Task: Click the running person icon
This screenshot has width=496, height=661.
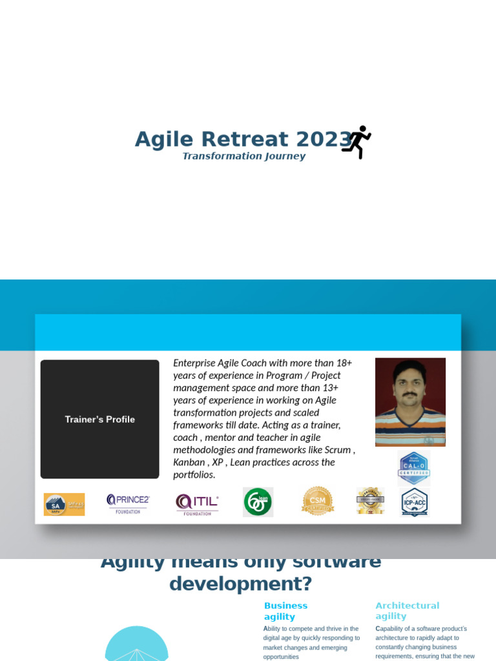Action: [x=356, y=142]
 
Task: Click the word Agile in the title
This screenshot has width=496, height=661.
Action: [x=165, y=139]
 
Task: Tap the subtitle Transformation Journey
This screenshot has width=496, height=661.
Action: [x=243, y=156]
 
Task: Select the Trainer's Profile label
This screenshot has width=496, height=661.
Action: [x=99, y=420]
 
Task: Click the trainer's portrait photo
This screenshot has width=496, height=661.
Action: [x=410, y=402]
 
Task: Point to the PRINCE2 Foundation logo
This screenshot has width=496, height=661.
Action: [x=127, y=503]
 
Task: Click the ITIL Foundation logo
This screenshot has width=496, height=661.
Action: [x=197, y=504]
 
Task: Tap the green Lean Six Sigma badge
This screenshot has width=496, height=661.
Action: [x=258, y=502]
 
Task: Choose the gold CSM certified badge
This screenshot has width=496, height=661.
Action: [x=317, y=501]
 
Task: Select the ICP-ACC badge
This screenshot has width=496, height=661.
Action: [x=414, y=502]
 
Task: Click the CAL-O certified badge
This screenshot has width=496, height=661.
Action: [x=413, y=468]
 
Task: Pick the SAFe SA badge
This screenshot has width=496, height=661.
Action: [x=64, y=504]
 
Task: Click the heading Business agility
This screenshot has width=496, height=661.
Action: [x=285, y=611]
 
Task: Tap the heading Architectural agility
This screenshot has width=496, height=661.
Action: [x=407, y=611]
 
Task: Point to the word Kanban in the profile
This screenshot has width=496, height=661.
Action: [x=188, y=462]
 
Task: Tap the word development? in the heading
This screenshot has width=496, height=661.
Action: [x=240, y=584]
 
